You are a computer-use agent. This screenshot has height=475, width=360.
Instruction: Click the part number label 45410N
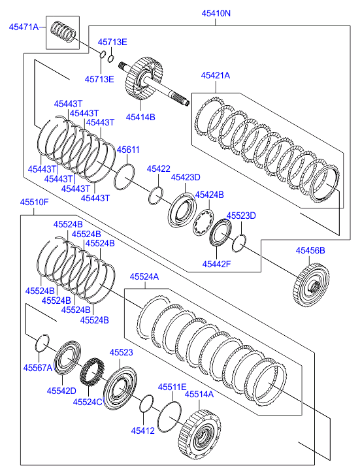tap(216, 13)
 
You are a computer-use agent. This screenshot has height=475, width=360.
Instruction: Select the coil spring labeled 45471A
tap(63, 32)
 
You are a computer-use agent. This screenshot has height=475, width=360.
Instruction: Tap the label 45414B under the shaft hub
tap(140, 117)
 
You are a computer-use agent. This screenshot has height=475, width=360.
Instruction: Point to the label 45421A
tap(216, 75)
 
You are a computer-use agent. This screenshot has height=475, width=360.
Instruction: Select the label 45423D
tap(186, 177)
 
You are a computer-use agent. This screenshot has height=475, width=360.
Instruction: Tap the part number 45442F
tap(216, 264)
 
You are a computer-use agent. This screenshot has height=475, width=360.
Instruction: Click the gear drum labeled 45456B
tap(311, 286)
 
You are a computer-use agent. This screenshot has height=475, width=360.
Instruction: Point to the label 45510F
tap(34, 202)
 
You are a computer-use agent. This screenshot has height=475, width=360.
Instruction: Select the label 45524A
tap(144, 276)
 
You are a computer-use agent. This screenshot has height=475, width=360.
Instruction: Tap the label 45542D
tap(61, 391)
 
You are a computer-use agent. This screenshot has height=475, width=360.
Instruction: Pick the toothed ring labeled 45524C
tap(92, 372)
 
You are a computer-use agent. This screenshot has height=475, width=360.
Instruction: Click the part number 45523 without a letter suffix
tap(122, 353)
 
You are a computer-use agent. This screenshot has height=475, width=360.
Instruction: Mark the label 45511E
tap(172, 387)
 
